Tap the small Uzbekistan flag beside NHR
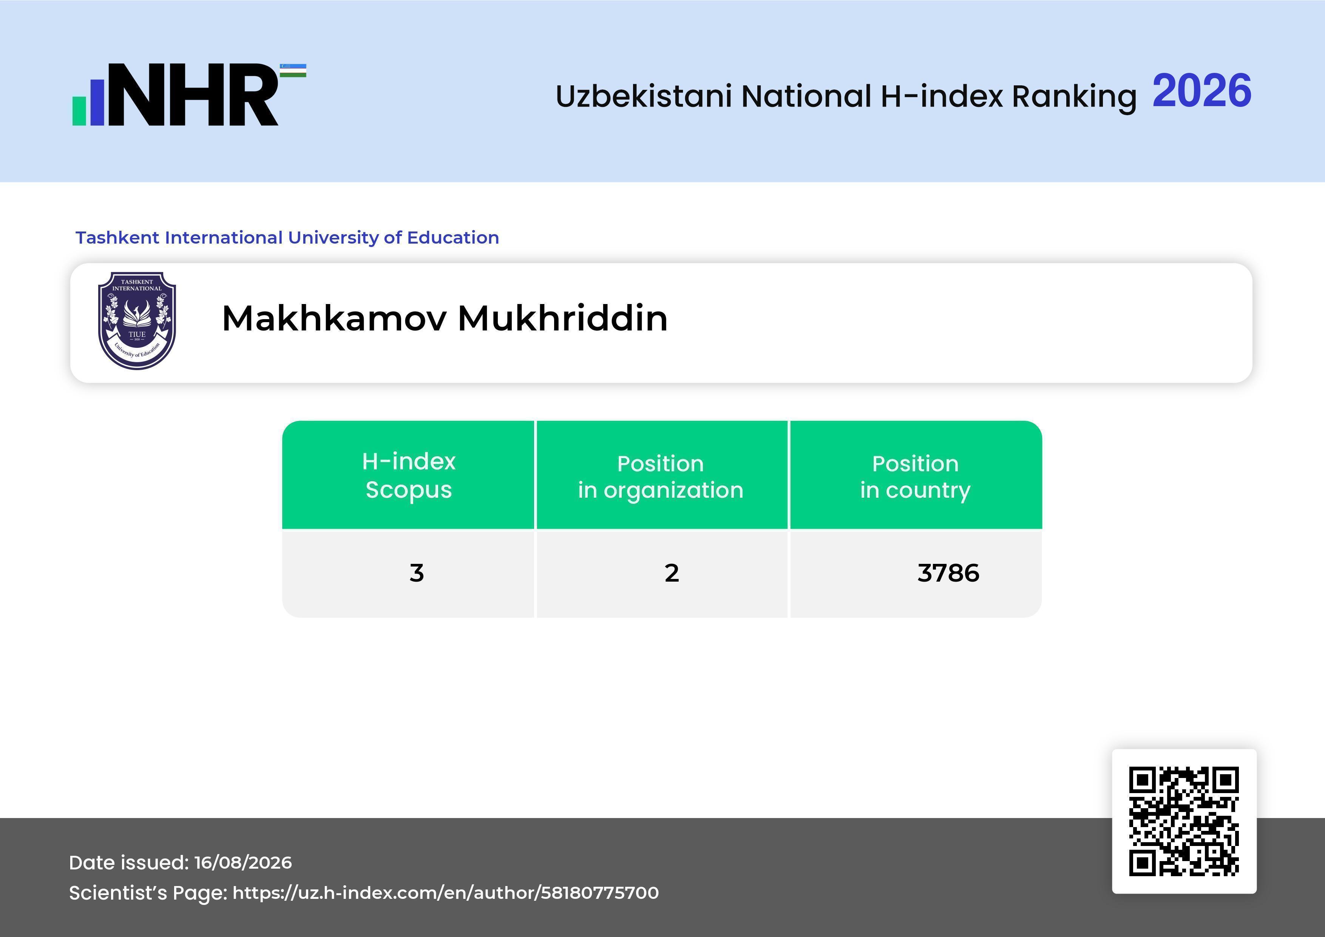pos(293,70)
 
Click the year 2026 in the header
pos(1201,91)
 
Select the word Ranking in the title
pos(1074,96)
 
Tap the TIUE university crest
pos(137,321)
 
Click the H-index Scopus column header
pos(409,475)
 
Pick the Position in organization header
pos(661,477)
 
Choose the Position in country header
pos(915,477)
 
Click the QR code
pos(1184,821)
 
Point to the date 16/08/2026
pos(243,863)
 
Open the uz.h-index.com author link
pos(446,892)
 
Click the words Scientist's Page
pos(148,892)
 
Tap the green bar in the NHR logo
pos(79,111)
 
